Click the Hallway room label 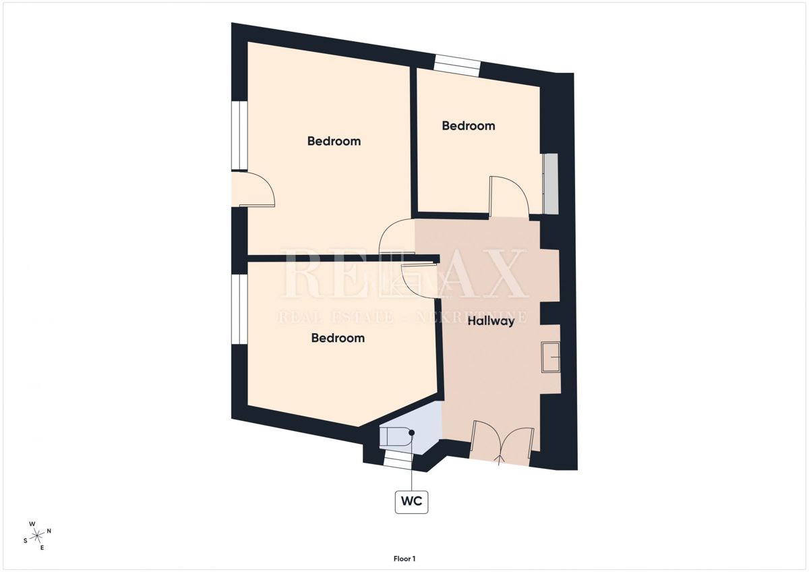click(x=491, y=321)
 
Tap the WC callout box click(x=411, y=502)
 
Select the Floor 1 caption click(x=404, y=559)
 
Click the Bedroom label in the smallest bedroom click(x=468, y=125)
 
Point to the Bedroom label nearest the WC click(x=337, y=337)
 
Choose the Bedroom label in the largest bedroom click(x=334, y=141)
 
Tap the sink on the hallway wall click(x=551, y=356)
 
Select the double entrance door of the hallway click(x=502, y=443)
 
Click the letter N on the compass click(x=49, y=531)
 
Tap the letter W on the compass click(x=32, y=524)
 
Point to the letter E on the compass click(x=42, y=547)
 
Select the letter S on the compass click(x=26, y=540)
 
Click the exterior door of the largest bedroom click(x=254, y=190)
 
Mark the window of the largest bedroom click(x=239, y=136)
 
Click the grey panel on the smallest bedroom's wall click(x=551, y=184)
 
